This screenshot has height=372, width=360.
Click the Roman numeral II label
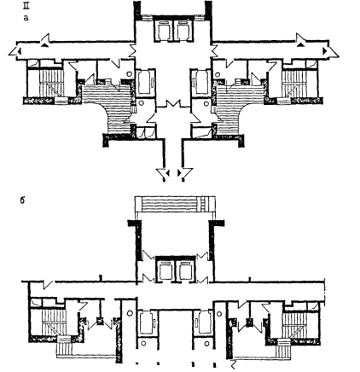coord(26,6)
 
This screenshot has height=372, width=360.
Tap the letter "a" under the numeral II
coord(26,18)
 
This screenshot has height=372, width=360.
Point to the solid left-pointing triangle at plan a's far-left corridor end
coord(20,51)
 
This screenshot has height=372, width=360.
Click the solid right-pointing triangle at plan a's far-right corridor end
coord(325,51)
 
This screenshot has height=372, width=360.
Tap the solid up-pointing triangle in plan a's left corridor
coord(44,44)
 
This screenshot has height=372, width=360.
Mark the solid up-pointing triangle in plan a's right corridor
coord(301,44)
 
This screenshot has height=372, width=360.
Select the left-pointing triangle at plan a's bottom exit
coord(168,172)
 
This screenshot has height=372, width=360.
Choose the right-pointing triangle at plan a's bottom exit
coord(179,172)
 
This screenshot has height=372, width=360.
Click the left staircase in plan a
coord(50,83)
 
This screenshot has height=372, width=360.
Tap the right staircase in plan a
coord(294,83)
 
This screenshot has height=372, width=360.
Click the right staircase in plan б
coord(296,323)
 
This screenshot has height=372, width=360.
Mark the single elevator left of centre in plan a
coord(146,83)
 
